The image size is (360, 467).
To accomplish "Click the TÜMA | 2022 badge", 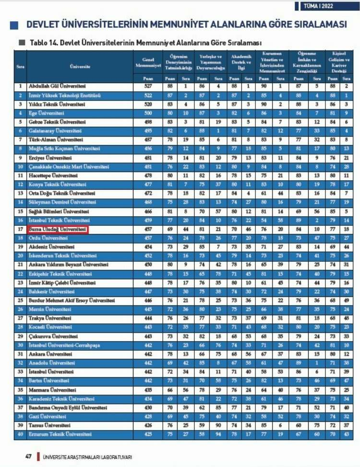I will [324, 6].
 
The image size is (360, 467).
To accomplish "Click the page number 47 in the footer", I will [28, 456].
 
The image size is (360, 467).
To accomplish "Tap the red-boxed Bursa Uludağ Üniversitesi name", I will [58, 230].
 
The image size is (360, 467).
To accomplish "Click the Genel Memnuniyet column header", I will [148, 62].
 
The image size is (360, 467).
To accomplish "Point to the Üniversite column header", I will [80, 66].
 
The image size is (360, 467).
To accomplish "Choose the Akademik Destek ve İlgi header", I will [241, 62].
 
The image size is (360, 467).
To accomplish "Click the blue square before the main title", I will [14, 25].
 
